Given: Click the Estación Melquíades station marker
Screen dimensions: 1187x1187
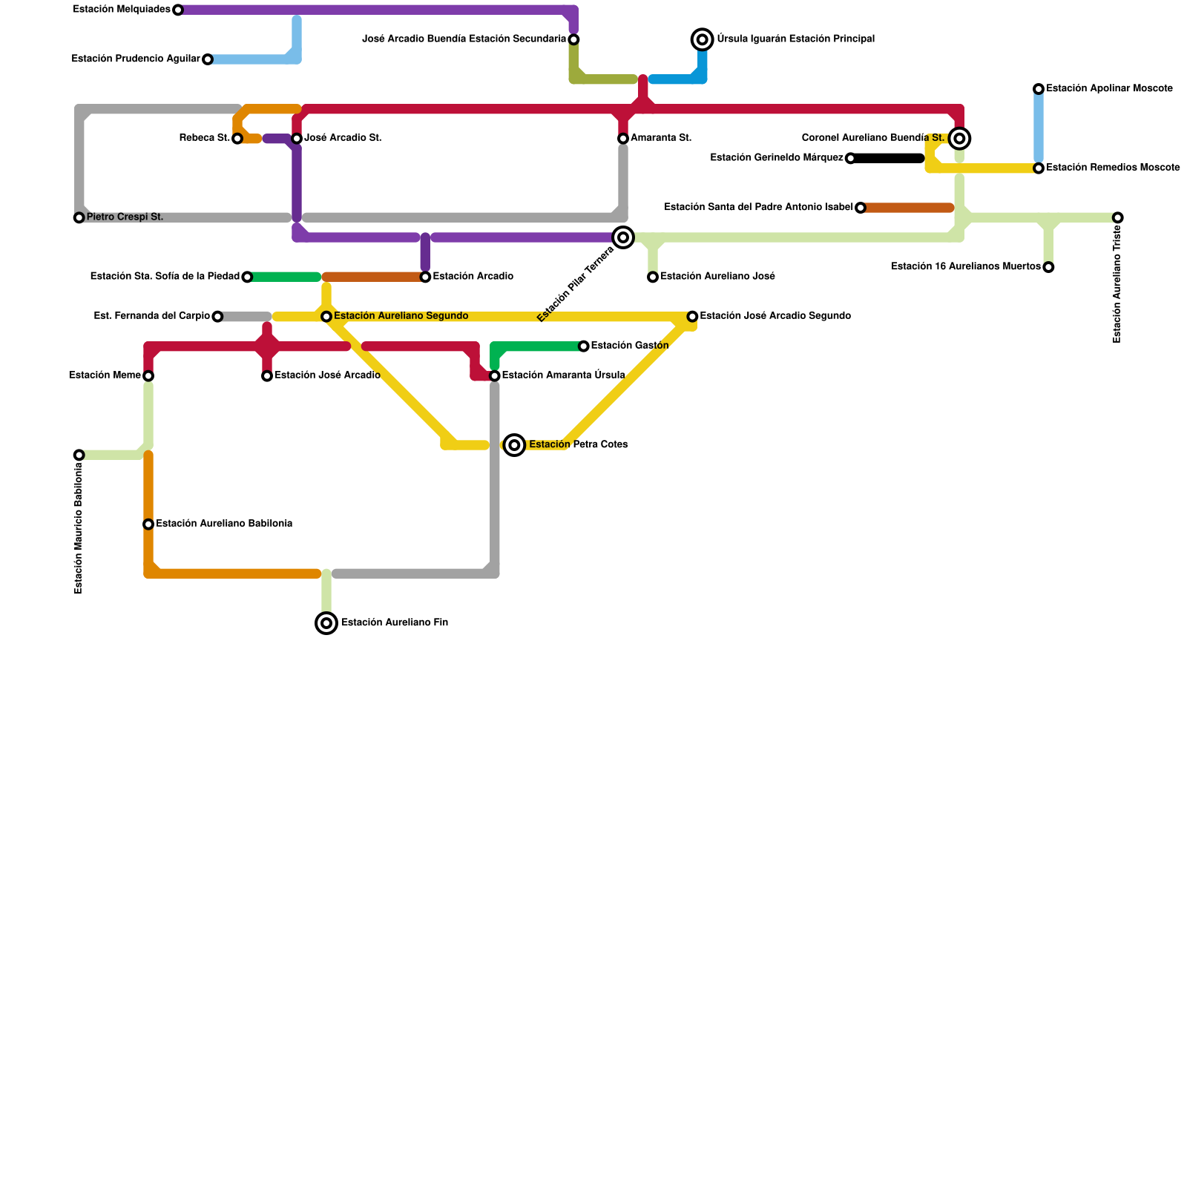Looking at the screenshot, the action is coord(178,10).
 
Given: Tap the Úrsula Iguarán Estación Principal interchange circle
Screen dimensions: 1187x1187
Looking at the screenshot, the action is coord(702,39).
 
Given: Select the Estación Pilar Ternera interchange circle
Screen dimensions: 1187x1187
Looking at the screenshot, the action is coord(623,237).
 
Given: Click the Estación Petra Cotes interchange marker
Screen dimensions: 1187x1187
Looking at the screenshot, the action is coord(515,445).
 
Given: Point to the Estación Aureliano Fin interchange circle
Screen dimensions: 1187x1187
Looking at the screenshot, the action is coord(326,623).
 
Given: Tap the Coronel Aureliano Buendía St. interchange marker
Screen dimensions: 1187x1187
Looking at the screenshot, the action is coord(959,139).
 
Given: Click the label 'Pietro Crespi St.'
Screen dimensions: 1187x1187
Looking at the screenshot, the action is coord(125,217).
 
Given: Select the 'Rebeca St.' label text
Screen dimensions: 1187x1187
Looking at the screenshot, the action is coord(205,138).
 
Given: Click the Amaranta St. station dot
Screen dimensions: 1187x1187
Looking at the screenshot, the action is coord(623,139).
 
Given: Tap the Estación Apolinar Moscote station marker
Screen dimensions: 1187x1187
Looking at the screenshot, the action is coord(1039,89).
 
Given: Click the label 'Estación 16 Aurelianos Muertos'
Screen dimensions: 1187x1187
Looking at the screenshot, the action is coord(965,267).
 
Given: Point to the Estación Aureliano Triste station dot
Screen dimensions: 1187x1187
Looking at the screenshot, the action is coord(1118,217).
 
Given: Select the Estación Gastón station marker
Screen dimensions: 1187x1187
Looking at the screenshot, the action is coord(584,346).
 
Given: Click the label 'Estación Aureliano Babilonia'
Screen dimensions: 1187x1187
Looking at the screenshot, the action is coord(224,524).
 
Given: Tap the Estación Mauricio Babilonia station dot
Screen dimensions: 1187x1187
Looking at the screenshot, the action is coord(79,455).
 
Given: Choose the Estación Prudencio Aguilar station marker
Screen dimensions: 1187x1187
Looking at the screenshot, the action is coord(208,59).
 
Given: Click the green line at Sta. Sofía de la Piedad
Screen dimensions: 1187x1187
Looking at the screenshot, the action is coord(284,277).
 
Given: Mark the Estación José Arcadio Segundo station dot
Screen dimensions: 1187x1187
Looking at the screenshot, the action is coord(692,317).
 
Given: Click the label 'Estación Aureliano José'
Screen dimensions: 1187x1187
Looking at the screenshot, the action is coord(717,277).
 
